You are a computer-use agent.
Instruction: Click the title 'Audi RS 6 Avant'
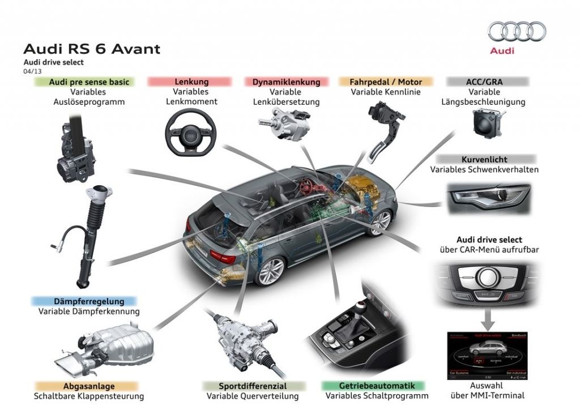point(91,49)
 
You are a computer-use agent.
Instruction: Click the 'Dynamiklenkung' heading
point(286,82)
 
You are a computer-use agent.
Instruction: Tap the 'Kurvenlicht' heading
point(484,160)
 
